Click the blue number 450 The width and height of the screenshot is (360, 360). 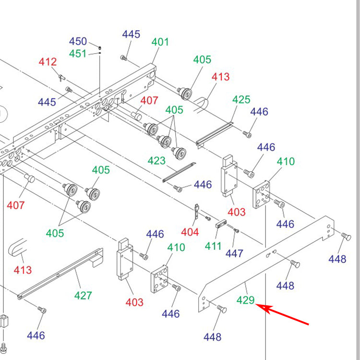(x=78, y=41)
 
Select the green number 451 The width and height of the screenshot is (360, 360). (x=78, y=53)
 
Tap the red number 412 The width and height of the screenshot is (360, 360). (x=48, y=62)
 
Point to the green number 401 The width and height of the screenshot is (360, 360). (x=160, y=42)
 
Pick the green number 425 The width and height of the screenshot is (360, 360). (x=241, y=99)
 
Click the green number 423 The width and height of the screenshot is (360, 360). (x=157, y=161)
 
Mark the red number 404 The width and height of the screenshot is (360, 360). (x=190, y=232)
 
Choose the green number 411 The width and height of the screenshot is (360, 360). (x=214, y=246)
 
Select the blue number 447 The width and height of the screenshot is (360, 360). (x=235, y=253)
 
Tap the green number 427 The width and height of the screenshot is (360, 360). (x=83, y=295)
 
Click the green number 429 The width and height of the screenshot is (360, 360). (x=245, y=300)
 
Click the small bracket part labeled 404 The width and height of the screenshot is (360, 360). (x=197, y=212)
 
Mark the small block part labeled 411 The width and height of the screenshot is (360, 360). (x=221, y=223)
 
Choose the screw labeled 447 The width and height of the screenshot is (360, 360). (x=236, y=231)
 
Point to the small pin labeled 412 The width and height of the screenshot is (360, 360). (x=62, y=77)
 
